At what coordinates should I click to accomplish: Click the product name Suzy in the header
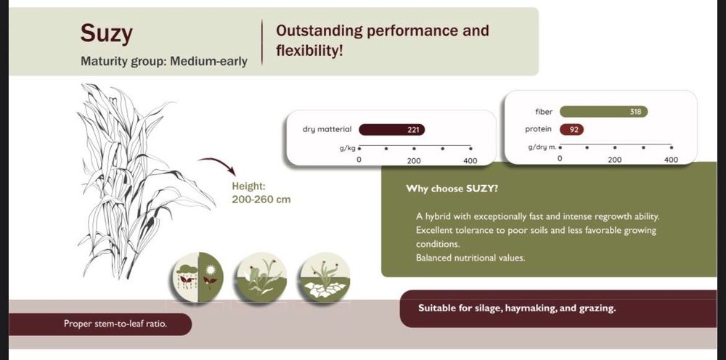pos(107,34)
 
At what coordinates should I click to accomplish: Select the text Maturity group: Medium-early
pos(164,61)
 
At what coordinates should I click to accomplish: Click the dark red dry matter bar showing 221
pos(392,130)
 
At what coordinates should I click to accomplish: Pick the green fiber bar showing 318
pos(604,112)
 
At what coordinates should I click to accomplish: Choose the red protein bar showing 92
pos(572,130)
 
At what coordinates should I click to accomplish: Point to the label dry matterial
pos(327,130)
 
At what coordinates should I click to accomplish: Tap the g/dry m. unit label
pos(542,147)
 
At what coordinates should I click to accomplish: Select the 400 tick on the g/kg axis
pos(470,161)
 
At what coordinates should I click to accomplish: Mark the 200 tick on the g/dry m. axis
pos(614,160)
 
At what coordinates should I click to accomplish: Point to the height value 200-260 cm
pos(261,200)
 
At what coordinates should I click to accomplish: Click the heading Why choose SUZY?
pos(452,189)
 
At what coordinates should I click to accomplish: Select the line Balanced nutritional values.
pos(470,258)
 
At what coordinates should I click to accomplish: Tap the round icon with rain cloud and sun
pos(198,277)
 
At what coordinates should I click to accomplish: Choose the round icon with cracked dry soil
pos(325,277)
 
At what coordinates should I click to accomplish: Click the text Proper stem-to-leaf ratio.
pos(115,324)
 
